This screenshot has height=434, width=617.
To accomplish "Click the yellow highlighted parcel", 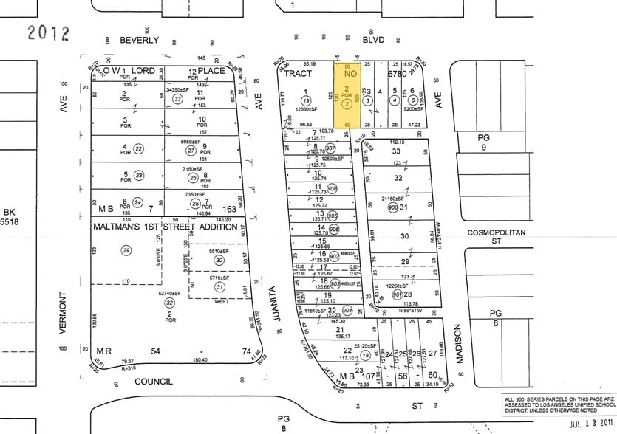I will (347, 97).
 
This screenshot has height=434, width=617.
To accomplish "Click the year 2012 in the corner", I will (48, 33).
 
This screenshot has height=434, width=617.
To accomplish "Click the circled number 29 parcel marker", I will (126, 251).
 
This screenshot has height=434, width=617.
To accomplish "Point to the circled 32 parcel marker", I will (169, 303).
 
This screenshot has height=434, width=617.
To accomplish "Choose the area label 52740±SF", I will (170, 294).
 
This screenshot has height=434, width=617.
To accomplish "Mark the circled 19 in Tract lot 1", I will (304, 100).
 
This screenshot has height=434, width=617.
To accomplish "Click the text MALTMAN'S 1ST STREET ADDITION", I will (166, 227).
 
